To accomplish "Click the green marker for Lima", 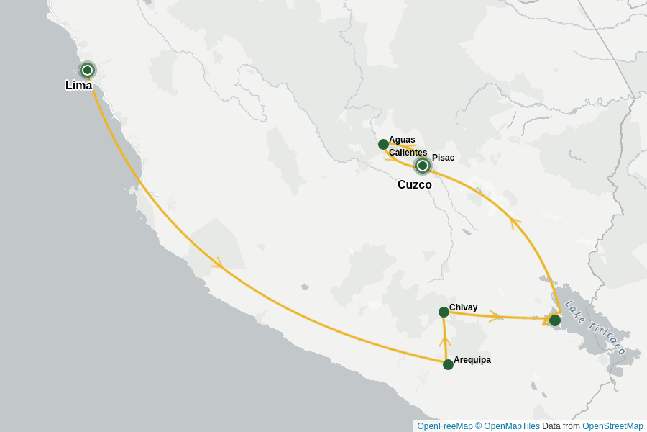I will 87,70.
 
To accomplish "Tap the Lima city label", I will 78,86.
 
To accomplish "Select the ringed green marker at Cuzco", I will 423,166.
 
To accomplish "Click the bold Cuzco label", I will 415,185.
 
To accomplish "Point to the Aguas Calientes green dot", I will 383,144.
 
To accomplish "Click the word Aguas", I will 402,140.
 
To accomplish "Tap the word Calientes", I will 408,153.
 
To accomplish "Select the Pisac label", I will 443,158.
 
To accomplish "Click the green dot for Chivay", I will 444,312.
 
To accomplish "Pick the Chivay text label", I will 463,307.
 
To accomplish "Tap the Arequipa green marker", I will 448,364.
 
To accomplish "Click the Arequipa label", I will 472,360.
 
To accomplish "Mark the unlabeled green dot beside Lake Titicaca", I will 555,320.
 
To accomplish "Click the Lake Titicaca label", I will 595,328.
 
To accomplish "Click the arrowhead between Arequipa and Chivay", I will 445,340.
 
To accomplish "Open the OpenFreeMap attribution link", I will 445,426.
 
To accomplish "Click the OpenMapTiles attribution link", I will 511,426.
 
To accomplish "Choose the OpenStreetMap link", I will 612,426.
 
